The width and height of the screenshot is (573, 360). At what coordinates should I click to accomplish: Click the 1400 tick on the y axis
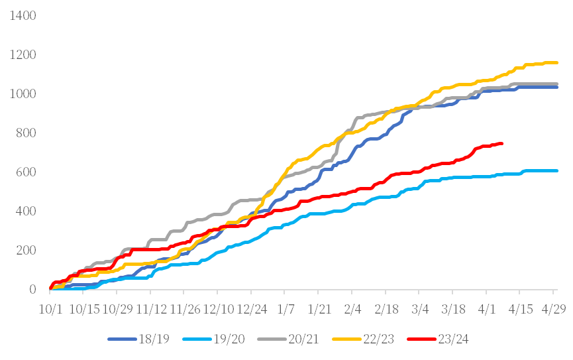pos(23,15)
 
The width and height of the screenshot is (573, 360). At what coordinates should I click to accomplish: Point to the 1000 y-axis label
pos(23,93)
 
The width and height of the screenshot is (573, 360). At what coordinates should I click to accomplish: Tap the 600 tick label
pos(26,172)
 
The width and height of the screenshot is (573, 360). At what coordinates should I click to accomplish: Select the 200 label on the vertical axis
pos(26,251)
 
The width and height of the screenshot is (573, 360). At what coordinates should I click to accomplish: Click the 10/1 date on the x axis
pos(50,310)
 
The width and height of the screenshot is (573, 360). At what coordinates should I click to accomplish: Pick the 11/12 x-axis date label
pos(151,310)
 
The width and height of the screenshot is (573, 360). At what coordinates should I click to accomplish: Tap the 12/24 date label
pos(252,310)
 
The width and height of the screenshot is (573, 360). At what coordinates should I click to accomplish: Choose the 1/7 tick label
pos(286,310)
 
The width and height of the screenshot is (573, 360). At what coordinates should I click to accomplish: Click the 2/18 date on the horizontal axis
pos(387,310)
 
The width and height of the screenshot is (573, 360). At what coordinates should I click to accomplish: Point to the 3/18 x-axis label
pos(454,310)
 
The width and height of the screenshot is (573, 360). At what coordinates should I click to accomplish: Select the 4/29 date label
pos(555,310)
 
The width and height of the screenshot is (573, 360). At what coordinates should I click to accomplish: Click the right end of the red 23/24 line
pos(503,143)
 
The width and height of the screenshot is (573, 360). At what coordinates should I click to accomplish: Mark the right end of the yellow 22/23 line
pos(558,63)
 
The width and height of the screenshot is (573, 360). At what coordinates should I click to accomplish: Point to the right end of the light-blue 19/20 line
pos(558,170)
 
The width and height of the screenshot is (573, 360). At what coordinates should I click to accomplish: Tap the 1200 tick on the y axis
pos(23,54)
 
